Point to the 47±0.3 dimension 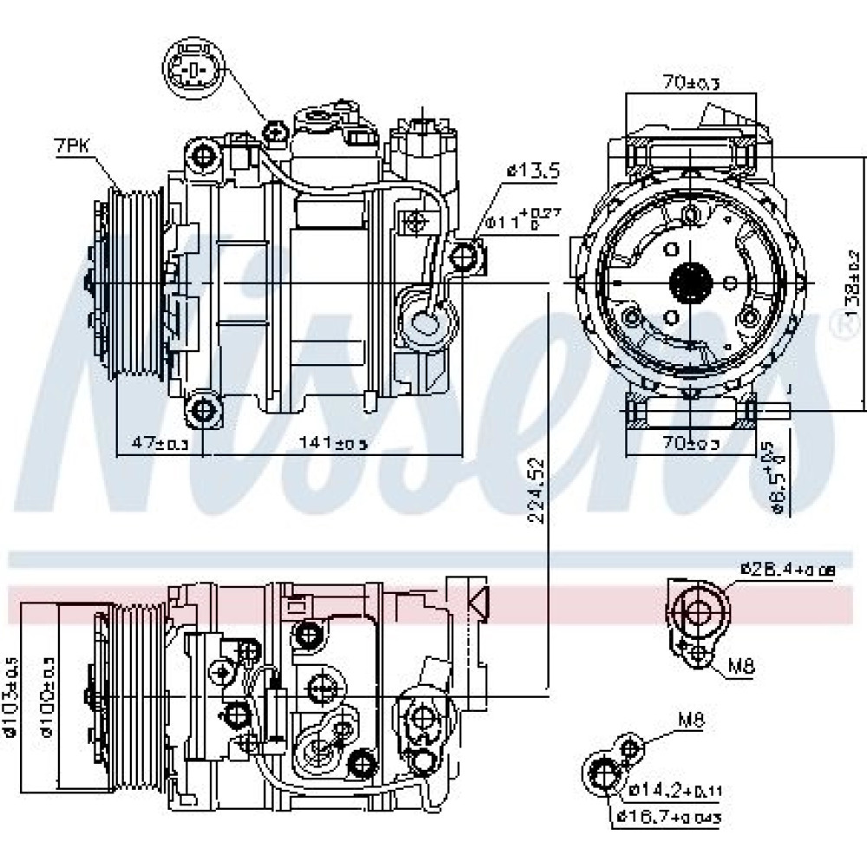[159, 443]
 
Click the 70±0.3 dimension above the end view [692, 82]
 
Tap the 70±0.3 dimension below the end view [691, 444]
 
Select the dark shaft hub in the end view [691, 282]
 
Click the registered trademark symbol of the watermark [841, 327]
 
